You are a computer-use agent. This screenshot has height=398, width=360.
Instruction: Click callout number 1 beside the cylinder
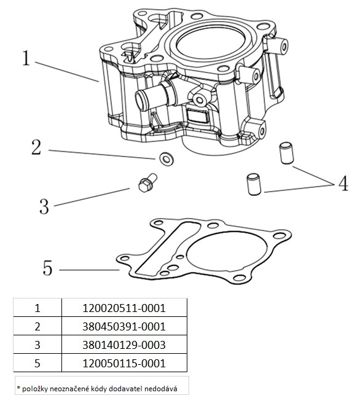pos(26,58)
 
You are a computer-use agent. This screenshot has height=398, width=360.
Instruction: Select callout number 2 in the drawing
pos(36,147)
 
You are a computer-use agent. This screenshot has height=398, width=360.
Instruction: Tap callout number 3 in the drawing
pos(44,206)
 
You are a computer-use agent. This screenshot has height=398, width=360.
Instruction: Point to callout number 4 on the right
pos(343,183)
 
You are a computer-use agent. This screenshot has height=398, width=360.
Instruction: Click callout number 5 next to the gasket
pos(47,268)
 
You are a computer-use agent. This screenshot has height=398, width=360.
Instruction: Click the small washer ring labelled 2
pos(166,159)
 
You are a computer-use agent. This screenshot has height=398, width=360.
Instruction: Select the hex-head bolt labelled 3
pos(148,182)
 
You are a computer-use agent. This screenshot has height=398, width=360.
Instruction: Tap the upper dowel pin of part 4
pos(286,153)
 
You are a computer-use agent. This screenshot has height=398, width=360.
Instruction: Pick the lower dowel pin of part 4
pos(254,184)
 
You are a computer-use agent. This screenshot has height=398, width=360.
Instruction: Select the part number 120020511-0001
pos(124,308)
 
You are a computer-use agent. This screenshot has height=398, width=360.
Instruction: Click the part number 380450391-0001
pos(124,326)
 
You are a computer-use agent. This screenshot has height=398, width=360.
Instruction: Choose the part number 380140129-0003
pos(124,345)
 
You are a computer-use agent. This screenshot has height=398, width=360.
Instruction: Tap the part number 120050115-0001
pos(124,363)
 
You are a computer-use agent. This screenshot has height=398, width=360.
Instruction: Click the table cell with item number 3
pos(37,345)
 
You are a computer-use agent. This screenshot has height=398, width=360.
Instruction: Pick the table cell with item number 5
pos(37,363)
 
